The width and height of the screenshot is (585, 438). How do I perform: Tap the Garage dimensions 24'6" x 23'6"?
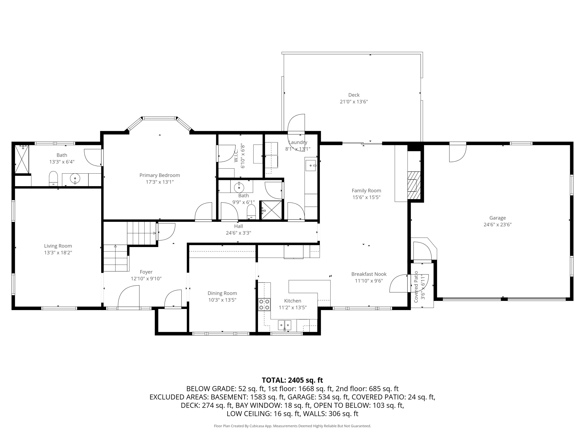coord(497,225)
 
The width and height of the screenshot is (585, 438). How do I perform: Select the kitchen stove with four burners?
coord(264,304)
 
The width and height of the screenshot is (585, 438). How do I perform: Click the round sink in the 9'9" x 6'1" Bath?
coord(239,187)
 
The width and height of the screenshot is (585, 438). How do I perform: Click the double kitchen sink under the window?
coord(284,325)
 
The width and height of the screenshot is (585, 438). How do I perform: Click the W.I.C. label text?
coord(236,156)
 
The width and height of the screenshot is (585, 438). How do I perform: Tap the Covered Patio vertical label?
coord(416,287)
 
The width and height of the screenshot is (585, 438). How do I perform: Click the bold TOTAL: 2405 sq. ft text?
coord(292,380)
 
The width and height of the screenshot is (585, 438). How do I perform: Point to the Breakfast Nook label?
coord(369,274)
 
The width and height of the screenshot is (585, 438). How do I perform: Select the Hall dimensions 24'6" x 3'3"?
coord(238,233)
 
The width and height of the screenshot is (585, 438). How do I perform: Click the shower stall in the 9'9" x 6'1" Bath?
coord(272,210)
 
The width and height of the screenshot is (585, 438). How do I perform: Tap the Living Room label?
coord(58,246)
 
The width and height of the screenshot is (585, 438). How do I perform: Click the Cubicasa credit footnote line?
coord(292,426)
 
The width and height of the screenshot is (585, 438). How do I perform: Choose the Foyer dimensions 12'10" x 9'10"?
coord(146,279)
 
